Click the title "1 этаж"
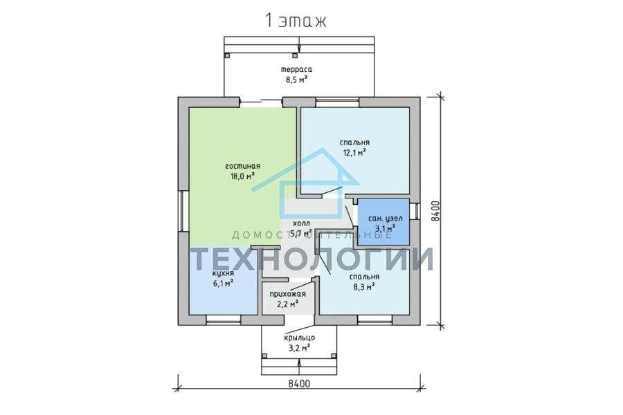click(295, 21)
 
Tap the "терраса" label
click(296, 69)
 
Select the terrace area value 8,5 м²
click(296, 80)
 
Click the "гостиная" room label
click(242, 166)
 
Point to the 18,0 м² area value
click(242, 176)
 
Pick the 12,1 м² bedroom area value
click(354, 152)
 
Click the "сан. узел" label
click(386, 218)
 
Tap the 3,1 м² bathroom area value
click(386, 228)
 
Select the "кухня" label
click(223, 274)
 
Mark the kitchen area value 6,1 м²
click(223, 284)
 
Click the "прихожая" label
click(288, 294)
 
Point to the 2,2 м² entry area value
click(288, 304)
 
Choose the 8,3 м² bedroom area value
click(364, 287)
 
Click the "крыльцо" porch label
click(300, 338)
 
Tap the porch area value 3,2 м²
click(300, 349)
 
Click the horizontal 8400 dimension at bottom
click(299, 384)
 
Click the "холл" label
click(301, 223)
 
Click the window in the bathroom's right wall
click(415, 211)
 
